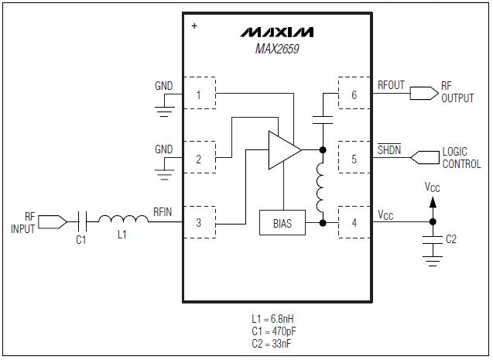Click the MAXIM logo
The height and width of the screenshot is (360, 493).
click(x=276, y=33)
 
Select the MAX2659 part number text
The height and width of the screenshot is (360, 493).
click(x=276, y=49)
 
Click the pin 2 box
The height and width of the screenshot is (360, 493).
click(x=199, y=159)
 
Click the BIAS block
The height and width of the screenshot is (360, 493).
click(x=282, y=223)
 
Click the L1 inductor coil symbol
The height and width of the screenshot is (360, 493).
click(x=121, y=221)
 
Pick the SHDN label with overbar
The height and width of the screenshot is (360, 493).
click(x=389, y=150)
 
